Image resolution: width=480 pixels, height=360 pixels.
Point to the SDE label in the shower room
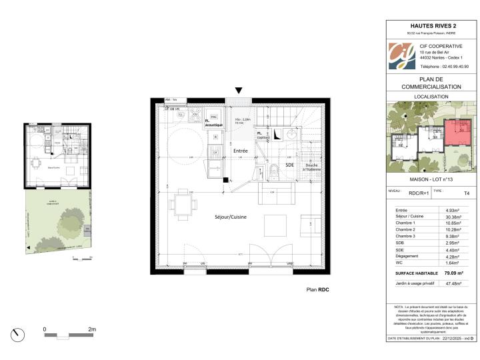(289, 164)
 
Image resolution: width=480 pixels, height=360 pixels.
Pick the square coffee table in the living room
(275, 225)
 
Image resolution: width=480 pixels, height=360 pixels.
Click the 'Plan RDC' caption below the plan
(317, 290)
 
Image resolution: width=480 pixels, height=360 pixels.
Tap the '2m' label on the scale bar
(91, 329)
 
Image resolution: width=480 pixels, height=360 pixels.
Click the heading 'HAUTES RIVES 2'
(431, 27)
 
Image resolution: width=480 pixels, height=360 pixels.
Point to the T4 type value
(466, 192)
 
